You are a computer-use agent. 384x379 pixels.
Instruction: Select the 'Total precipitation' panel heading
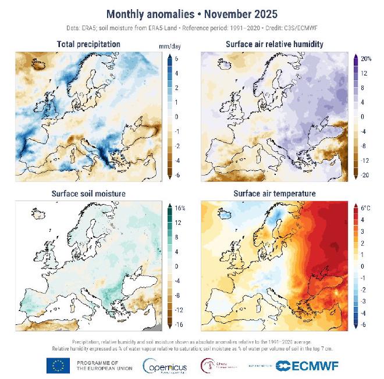click(x=88, y=44)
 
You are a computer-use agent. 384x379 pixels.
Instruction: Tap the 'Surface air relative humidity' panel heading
click(x=274, y=44)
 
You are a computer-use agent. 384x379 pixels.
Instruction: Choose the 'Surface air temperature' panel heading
click(x=274, y=193)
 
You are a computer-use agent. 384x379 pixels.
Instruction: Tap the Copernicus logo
click(x=166, y=365)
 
